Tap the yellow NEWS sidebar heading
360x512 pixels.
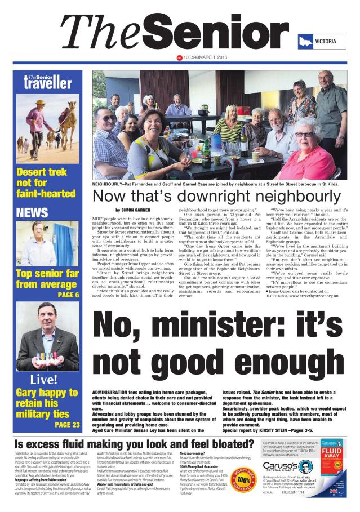pyautogui.click(x=33, y=212)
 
